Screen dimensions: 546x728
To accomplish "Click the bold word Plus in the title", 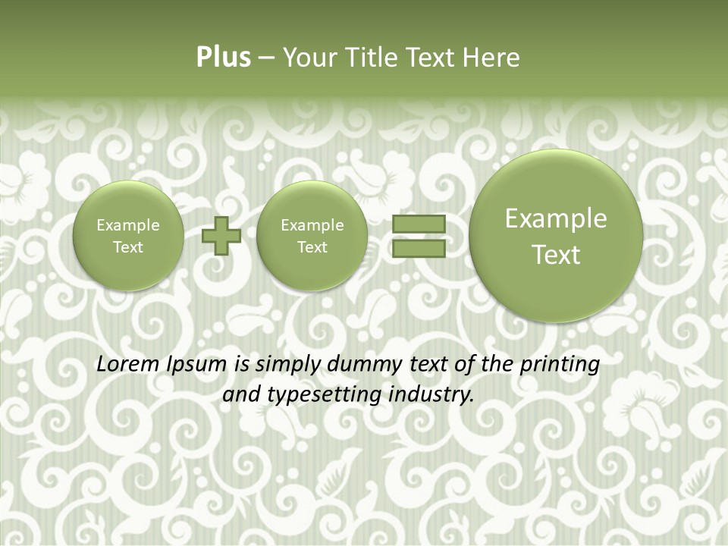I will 223,58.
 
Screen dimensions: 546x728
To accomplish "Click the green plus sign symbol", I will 221,236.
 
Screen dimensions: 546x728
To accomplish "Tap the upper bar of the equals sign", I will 418,224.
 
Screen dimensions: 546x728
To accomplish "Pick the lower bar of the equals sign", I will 418,248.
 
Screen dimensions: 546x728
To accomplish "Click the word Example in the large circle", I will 556,218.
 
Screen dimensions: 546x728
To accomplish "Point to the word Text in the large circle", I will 556,255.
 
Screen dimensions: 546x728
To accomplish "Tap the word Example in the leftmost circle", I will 128,225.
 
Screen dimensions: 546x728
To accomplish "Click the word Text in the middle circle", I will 312,247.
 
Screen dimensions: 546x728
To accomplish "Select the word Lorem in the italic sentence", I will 124,364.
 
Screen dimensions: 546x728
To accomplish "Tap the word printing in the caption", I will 560,365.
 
